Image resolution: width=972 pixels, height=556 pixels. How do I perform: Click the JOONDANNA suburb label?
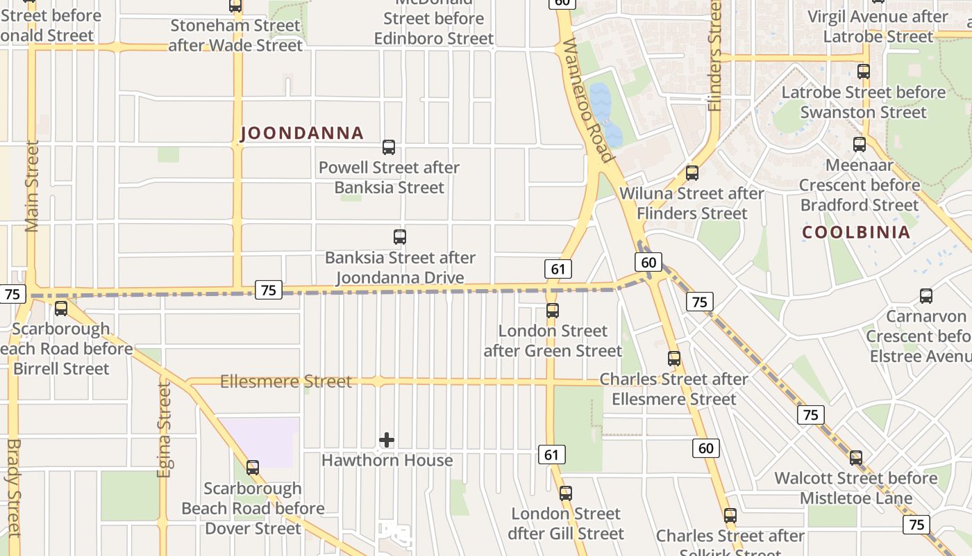(x=302, y=133)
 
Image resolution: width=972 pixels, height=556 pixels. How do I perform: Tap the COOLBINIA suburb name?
(x=856, y=232)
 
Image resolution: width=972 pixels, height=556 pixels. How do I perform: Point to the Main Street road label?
(x=32, y=186)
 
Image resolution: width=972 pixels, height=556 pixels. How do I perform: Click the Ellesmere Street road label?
(x=286, y=382)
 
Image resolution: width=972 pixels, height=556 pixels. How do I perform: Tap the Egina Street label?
(x=164, y=430)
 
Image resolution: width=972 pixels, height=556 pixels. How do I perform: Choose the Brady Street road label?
(x=13, y=486)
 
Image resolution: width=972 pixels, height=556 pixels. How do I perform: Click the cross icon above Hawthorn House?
(x=387, y=440)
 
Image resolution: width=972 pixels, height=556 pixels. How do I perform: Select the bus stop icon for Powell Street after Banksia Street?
(x=389, y=147)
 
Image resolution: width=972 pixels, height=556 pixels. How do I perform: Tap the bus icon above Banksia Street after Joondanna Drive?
(x=400, y=237)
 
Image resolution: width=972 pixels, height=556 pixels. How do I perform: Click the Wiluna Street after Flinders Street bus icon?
(x=692, y=173)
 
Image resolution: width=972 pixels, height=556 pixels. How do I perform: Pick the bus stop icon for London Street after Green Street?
(x=553, y=311)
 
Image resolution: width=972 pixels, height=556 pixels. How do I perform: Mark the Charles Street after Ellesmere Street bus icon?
(x=674, y=359)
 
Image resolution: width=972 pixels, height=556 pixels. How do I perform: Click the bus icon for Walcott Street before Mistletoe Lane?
(x=856, y=458)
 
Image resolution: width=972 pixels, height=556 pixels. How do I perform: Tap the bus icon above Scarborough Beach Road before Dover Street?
(x=253, y=468)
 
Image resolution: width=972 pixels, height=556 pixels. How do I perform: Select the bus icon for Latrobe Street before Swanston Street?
(x=864, y=72)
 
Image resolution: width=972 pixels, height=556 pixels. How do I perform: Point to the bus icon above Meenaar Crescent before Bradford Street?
(x=860, y=145)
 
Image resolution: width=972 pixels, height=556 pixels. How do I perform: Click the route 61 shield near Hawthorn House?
(x=551, y=455)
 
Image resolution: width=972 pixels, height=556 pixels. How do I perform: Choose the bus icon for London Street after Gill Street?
(x=567, y=493)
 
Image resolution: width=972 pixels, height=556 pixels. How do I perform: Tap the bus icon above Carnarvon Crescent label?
(x=926, y=296)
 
